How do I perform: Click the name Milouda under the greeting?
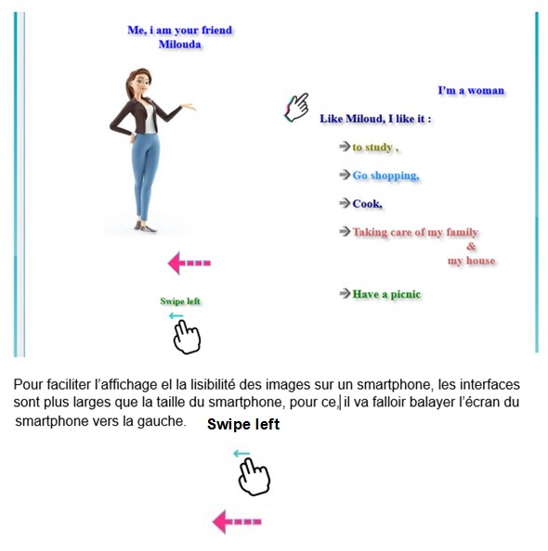click(180, 45)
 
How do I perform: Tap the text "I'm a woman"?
click(471, 90)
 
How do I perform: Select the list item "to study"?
click(375, 147)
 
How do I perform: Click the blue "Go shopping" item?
click(385, 175)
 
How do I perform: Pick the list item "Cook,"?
click(368, 204)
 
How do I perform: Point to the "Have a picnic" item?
click(386, 294)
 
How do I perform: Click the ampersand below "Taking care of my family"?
click(471, 247)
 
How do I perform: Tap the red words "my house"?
click(471, 261)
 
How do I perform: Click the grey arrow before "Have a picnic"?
click(345, 293)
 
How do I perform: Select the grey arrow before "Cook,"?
click(345, 203)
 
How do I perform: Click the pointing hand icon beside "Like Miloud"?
click(296, 108)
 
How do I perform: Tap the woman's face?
click(142, 83)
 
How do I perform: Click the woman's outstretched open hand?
click(188, 106)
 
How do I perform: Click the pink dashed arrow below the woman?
click(189, 263)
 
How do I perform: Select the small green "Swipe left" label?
click(180, 301)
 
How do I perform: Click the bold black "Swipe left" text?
click(243, 424)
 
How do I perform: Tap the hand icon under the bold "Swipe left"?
click(254, 477)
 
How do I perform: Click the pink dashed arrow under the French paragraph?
click(237, 521)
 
